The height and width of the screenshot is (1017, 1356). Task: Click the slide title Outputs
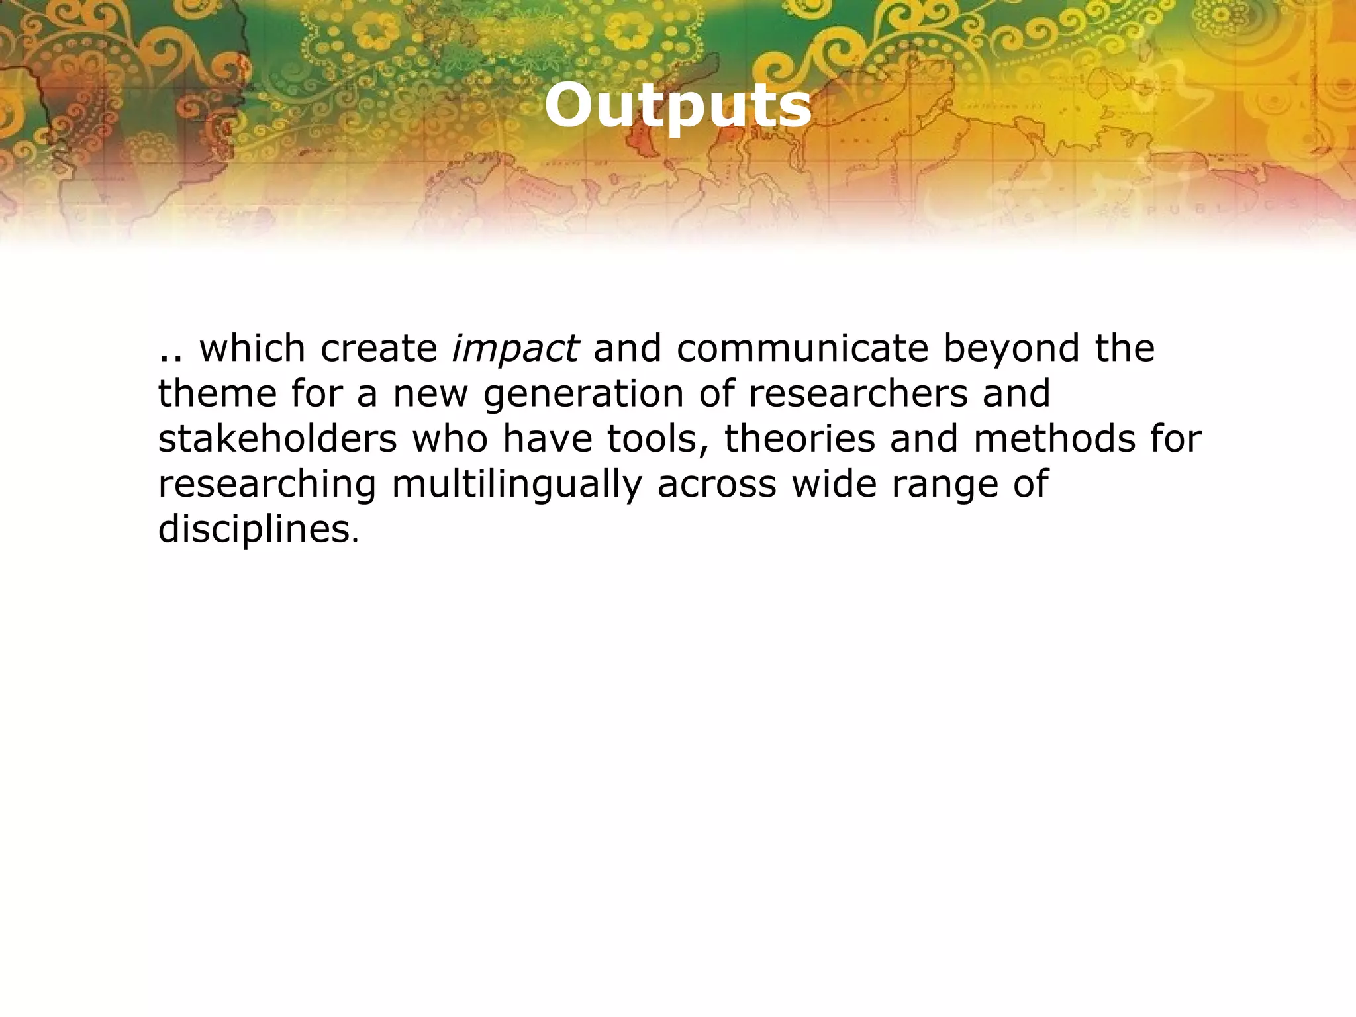tap(678, 106)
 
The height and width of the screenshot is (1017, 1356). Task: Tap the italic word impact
tap(514, 349)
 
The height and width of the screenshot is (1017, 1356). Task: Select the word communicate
tap(802, 349)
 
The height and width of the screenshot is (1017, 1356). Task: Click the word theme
tap(217, 394)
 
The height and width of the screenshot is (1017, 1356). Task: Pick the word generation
tap(583, 394)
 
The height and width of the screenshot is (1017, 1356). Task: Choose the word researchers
tap(858, 394)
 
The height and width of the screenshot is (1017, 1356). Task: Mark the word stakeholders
tap(277, 439)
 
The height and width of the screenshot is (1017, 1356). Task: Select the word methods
tap(1054, 439)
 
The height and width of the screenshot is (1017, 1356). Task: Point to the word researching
tap(267, 485)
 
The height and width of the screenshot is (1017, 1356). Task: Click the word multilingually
tap(516, 485)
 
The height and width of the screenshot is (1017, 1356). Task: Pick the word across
tap(716, 485)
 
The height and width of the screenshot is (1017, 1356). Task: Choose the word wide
tap(834, 485)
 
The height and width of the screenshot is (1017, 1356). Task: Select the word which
tap(252, 349)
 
